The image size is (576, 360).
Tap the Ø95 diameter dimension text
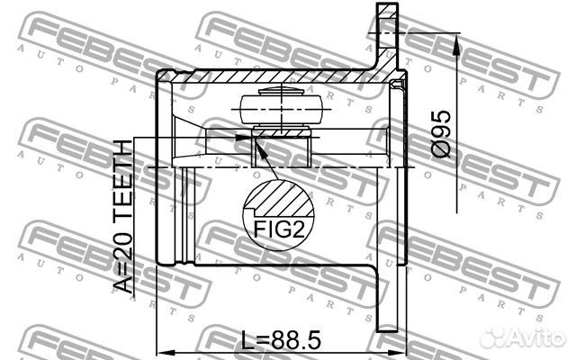click(441, 135)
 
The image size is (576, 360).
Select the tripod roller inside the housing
click(279, 107)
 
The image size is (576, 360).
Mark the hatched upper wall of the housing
click(270, 80)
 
